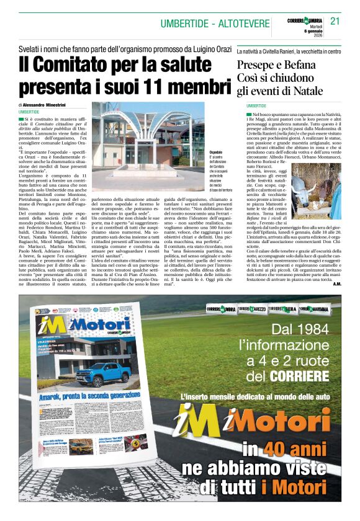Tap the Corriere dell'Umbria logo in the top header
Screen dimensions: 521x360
(305, 21)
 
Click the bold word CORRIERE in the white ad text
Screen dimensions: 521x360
(300, 376)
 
